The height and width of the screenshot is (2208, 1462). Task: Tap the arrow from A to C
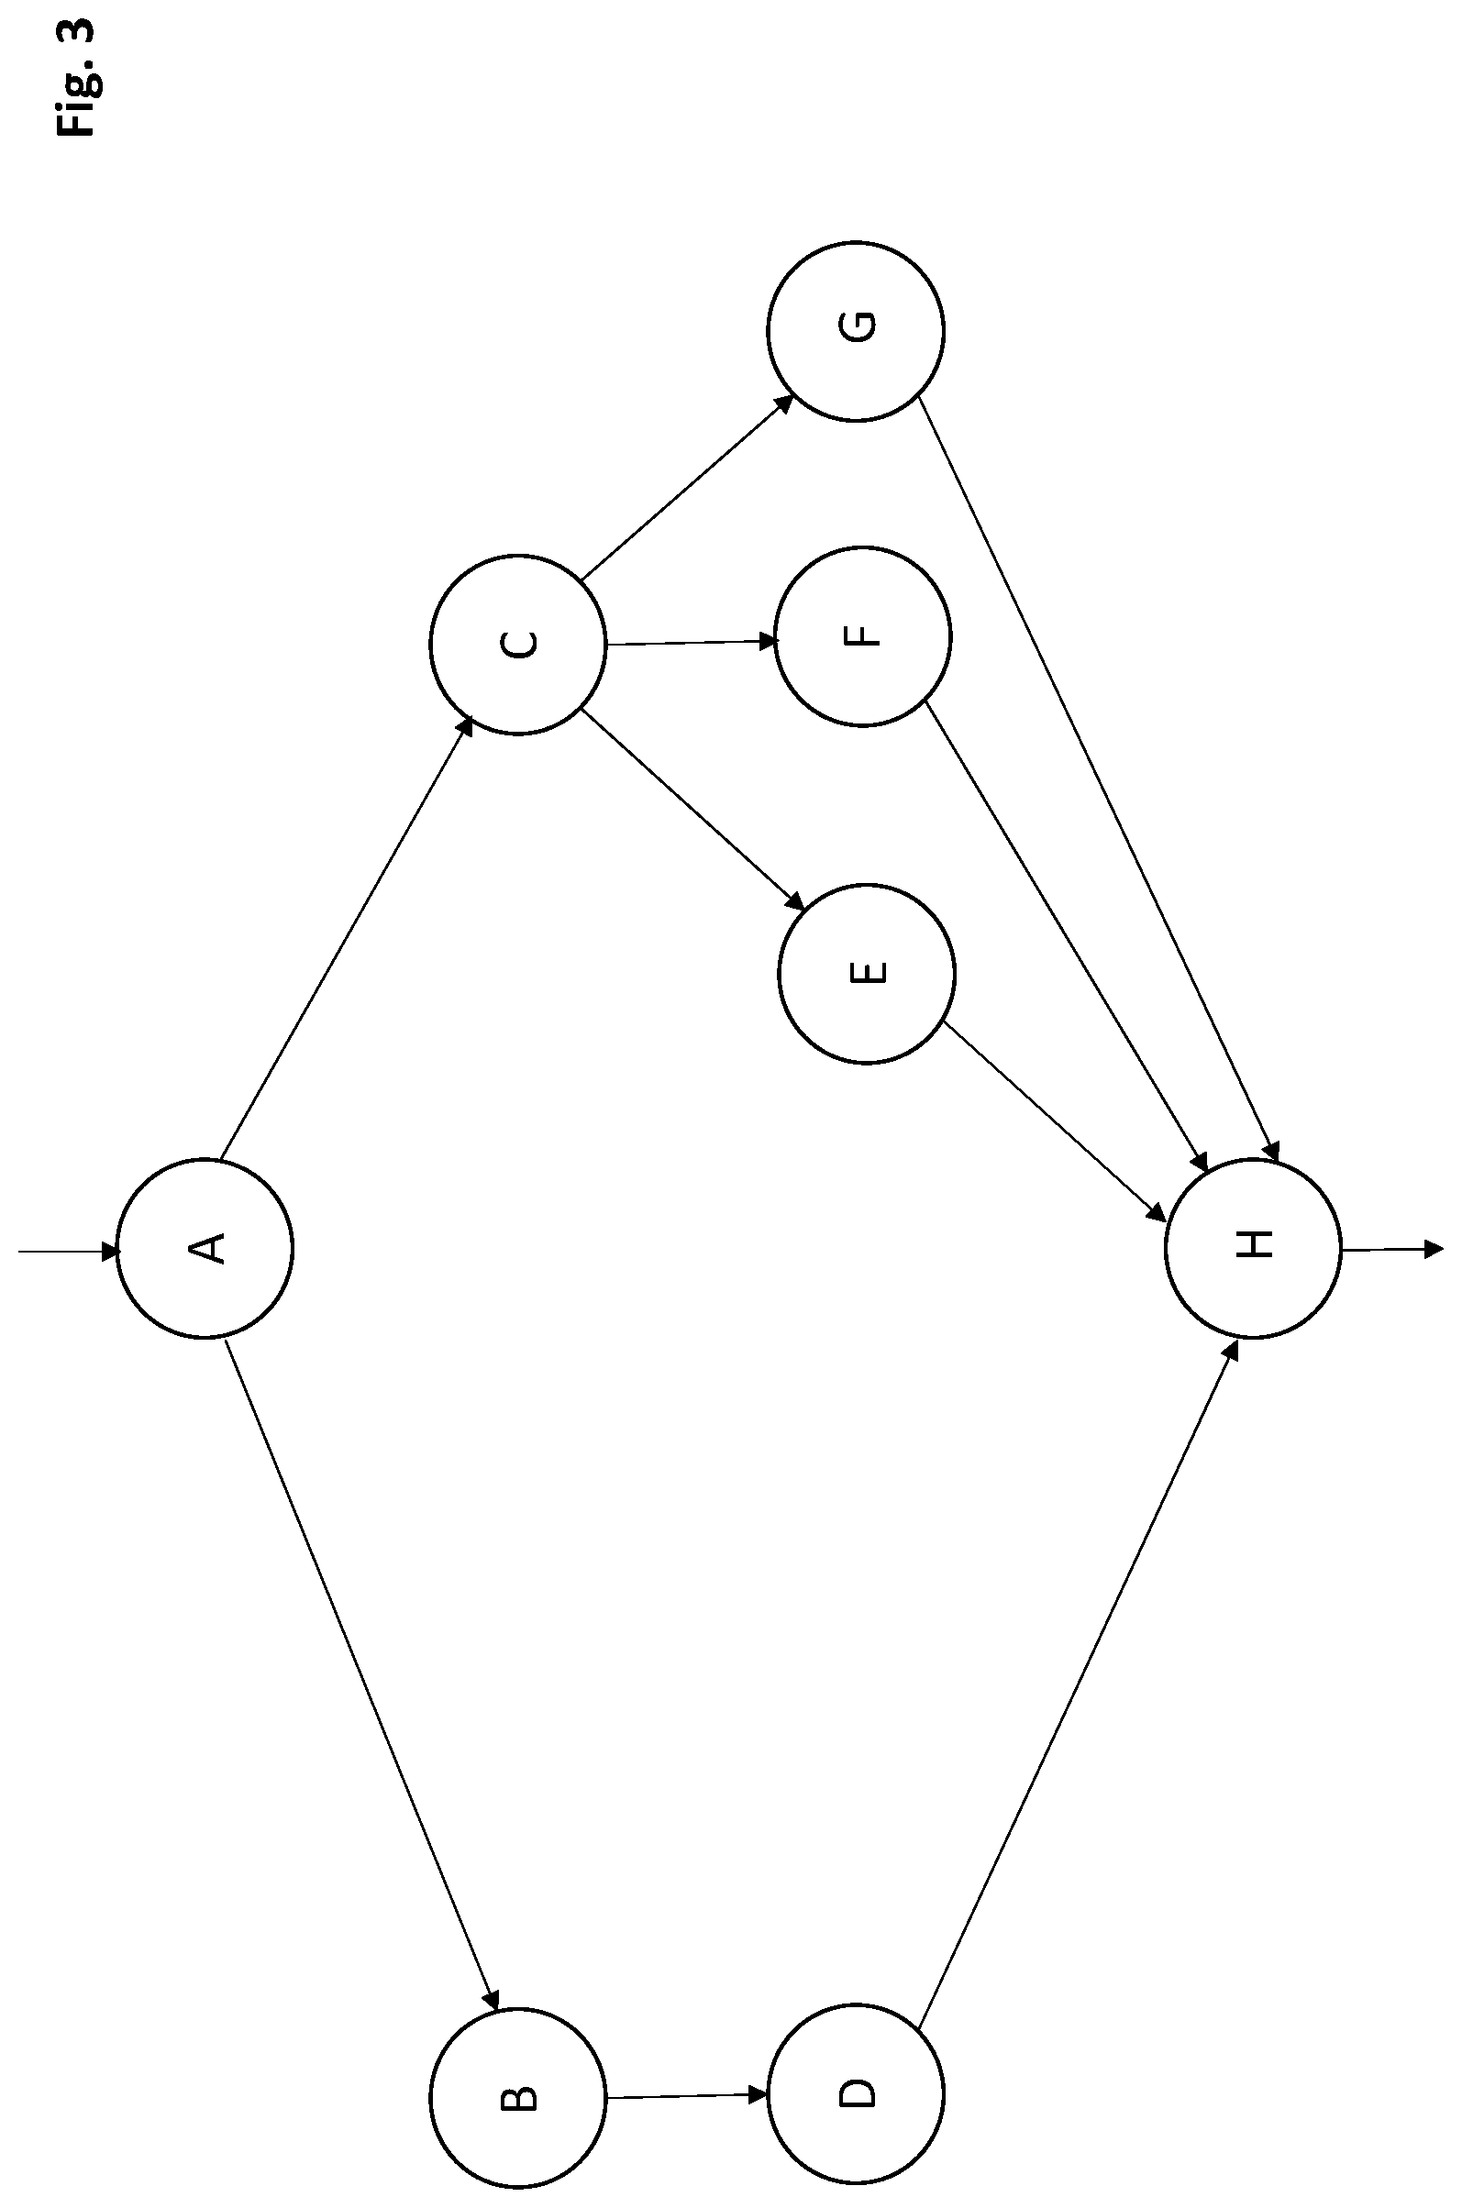(346, 939)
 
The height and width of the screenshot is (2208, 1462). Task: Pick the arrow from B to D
(687, 2096)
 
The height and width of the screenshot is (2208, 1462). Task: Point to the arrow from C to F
(691, 642)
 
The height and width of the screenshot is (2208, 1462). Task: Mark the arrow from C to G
(688, 487)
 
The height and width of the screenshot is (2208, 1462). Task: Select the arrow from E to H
(1055, 1121)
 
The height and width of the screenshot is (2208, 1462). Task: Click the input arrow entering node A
(70, 1251)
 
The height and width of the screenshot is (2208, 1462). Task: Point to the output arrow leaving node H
(1393, 1250)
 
